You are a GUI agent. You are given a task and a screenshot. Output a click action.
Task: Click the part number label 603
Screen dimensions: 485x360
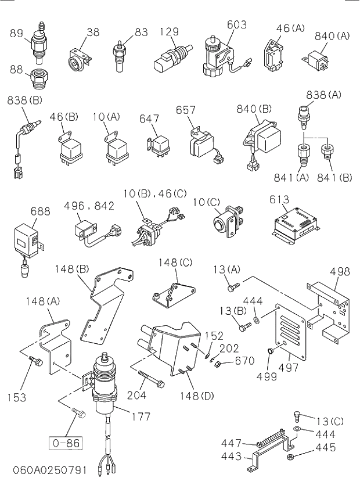click(x=236, y=24)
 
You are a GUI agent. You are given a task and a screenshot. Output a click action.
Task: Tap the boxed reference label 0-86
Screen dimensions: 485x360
click(x=64, y=443)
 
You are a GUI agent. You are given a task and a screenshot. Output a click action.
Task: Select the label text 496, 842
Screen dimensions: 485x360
click(x=89, y=206)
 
